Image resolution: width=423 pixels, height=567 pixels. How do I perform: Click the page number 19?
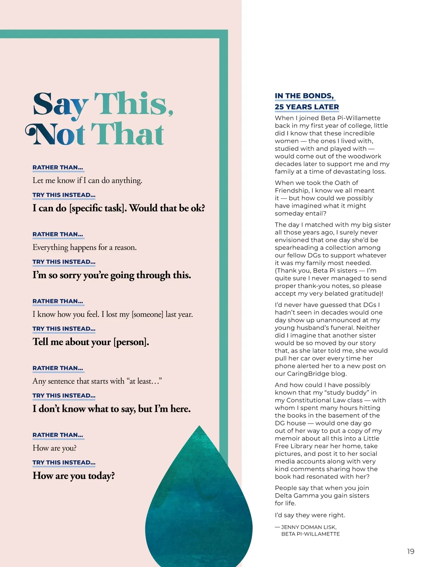click(x=411, y=551)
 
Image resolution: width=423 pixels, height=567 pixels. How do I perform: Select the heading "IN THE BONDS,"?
click(x=304, y=96)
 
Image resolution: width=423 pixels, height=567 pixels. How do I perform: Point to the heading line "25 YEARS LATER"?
click(x=307, y=107)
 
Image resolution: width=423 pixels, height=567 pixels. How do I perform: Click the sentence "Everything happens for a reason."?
click(x=85, y=247)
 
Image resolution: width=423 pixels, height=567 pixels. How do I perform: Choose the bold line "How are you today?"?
click(x=74, y=476)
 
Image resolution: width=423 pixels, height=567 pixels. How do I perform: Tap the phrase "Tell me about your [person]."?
click(x=91, y=342)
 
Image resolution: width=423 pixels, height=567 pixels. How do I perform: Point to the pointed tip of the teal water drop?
click(x=200, y=426)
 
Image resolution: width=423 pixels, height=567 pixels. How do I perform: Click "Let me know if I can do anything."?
click(x=87, y=180)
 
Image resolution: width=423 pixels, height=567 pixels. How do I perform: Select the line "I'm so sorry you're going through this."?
click(x=112, y=275)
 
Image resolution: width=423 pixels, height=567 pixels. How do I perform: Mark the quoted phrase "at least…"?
click(x=144, y=381)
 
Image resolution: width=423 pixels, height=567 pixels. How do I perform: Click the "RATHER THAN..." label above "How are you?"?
click(x=58, y=435)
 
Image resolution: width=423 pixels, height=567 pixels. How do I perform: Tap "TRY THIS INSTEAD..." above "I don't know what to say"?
click(x=64, y=395)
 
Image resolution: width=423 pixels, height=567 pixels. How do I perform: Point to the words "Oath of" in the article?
click(x=347, y=183)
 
